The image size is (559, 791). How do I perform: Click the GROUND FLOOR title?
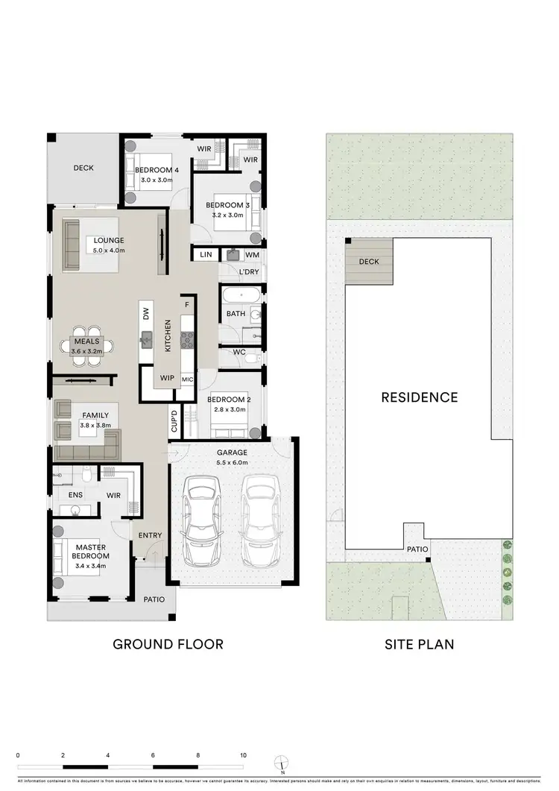pos(168,643)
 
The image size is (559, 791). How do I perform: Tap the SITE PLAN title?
pos(419,643)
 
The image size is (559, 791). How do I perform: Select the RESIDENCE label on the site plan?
pos(420,397)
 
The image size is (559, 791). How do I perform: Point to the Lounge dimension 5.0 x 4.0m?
pos(109,250)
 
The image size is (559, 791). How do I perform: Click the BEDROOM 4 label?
pos(153,170)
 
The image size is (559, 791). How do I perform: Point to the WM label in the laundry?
pos(252,256)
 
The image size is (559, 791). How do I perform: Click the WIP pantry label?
pos(166,378)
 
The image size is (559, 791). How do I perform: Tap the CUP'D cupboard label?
pos(174,421)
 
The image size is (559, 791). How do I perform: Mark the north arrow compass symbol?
pos(282,762)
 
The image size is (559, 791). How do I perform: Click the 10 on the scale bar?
pos(244,756)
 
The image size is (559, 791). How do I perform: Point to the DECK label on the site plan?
pos(369,262)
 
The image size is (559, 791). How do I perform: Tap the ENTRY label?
pos(150,535)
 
